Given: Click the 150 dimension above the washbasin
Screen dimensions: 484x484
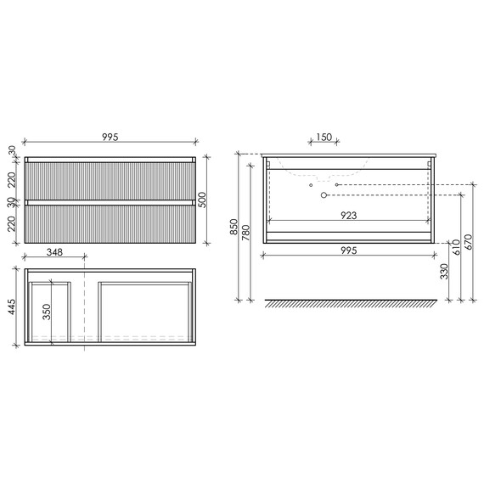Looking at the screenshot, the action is pos(324,137).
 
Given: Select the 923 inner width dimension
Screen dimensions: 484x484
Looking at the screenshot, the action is pos(349,216).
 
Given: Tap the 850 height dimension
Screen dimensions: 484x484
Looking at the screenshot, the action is pos(234,227).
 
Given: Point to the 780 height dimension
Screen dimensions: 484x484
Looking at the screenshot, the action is pos(245,233).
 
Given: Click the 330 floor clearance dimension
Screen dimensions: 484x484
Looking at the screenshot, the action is pos(444,272).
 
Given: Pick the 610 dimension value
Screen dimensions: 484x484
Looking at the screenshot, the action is pos(456,247).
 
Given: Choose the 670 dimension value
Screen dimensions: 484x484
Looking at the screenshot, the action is pos(468,242).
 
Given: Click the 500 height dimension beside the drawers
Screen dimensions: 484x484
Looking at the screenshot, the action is pos(201,200).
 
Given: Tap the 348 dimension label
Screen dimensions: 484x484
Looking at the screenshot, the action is pos(54,252).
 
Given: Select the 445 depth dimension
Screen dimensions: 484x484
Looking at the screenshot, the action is pos(11,307).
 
